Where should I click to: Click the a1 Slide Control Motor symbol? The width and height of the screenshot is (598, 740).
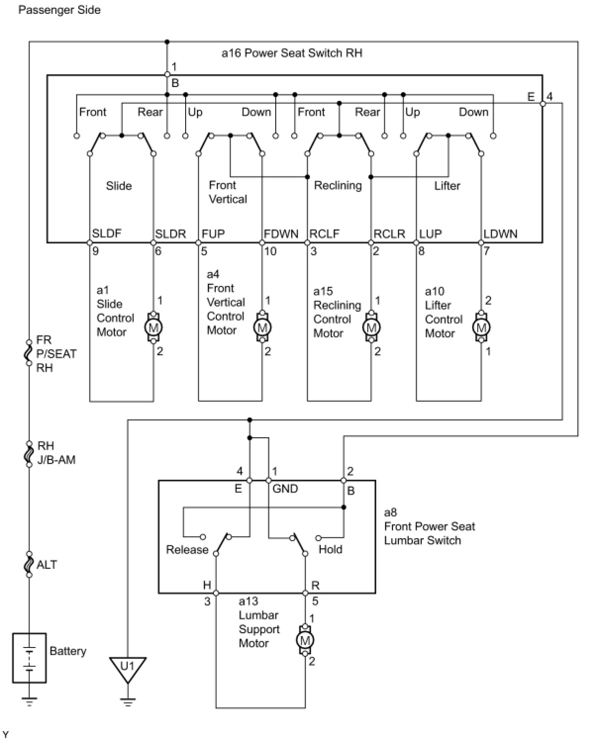coord(153,327)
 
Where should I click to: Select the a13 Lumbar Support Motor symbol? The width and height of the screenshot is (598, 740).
coord(305,641)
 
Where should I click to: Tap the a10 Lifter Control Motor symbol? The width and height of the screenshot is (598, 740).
coord(481,327)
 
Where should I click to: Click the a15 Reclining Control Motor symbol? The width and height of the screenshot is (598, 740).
coord(371,327)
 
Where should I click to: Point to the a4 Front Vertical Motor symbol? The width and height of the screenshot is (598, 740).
coord(262,327)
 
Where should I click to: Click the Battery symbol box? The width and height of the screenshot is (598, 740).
coord(29,658)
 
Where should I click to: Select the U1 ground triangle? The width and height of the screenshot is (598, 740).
coord(128,668)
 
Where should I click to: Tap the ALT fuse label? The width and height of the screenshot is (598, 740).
coord(47,565)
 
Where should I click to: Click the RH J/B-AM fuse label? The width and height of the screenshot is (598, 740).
coord(56,453)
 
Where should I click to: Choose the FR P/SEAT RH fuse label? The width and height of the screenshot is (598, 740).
coord(56,354)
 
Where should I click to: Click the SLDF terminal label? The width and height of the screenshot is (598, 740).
coord(106,233)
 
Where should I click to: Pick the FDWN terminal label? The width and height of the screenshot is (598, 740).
coord(281,233)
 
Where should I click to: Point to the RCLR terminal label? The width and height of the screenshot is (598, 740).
coord(389,233)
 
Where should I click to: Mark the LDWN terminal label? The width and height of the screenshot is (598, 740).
coord(500,233)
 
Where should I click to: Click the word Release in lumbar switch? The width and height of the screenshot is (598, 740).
coord(187,550)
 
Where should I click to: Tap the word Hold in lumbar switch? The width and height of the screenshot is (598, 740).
coord(330,549)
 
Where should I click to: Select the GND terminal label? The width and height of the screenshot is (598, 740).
coord(285,489)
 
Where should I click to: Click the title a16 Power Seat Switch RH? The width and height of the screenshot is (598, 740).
coord(292,53)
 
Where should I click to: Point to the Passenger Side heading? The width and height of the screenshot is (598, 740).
coord(59,10)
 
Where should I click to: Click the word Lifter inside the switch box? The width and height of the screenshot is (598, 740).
coord(447,185)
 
